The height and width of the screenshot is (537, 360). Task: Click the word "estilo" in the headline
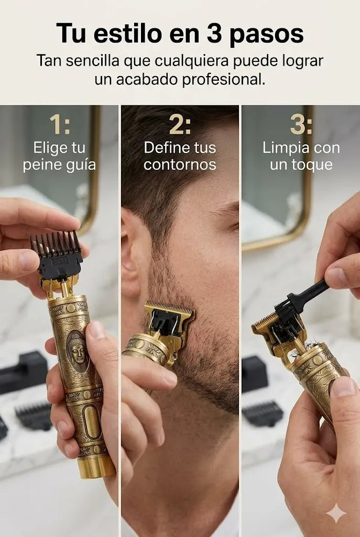tap(127, 34)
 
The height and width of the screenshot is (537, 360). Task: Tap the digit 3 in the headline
tap(214, 34)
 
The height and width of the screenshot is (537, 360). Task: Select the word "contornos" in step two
tap(180, 165)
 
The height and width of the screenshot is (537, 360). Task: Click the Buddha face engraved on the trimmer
tap(78, 351)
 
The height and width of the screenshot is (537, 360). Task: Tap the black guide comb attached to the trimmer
tap(57, 253)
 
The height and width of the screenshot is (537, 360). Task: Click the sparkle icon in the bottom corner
tap(336, 513)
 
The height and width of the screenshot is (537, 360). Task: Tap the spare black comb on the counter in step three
tap(263, 413)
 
